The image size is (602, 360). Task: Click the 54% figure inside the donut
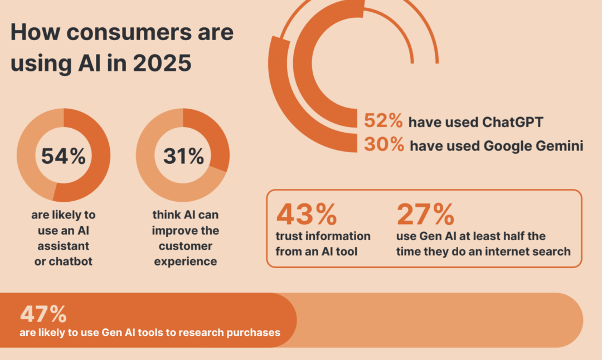64,155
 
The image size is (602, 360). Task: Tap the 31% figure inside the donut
183,156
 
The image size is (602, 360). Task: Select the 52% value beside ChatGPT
383,121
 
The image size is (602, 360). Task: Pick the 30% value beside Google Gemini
383,145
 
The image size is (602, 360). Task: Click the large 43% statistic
307,213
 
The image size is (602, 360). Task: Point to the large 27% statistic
425,213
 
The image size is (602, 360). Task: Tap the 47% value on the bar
43,314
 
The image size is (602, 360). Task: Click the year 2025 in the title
162,64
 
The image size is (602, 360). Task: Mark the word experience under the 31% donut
186,261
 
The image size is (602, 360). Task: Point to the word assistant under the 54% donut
64,246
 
